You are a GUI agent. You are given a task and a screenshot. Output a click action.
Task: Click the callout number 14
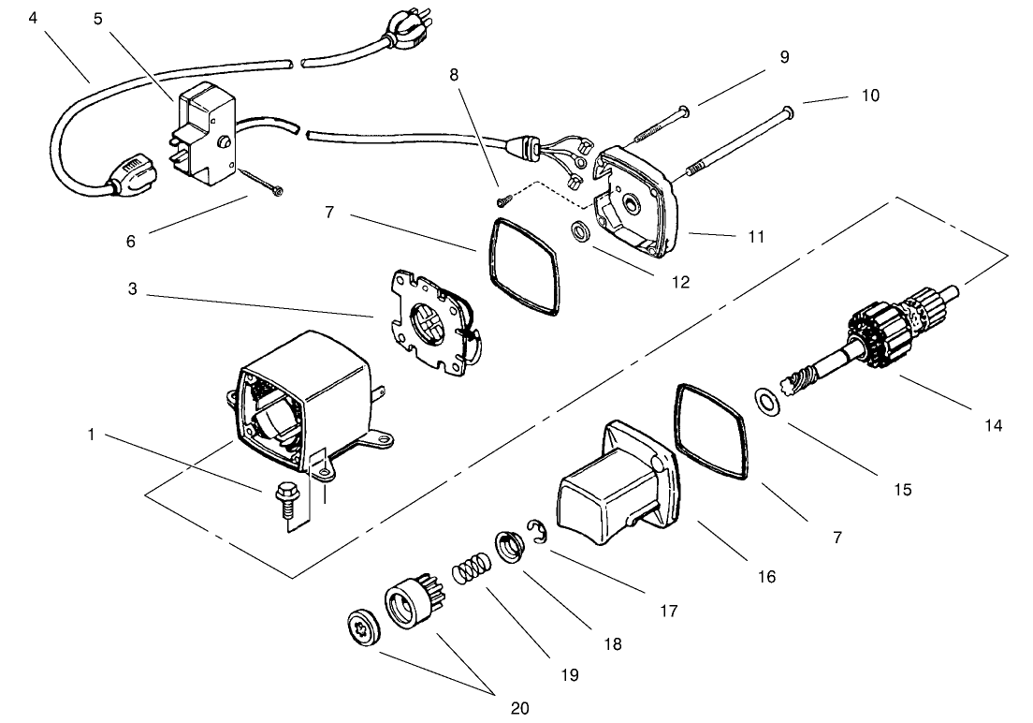[993, 425]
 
